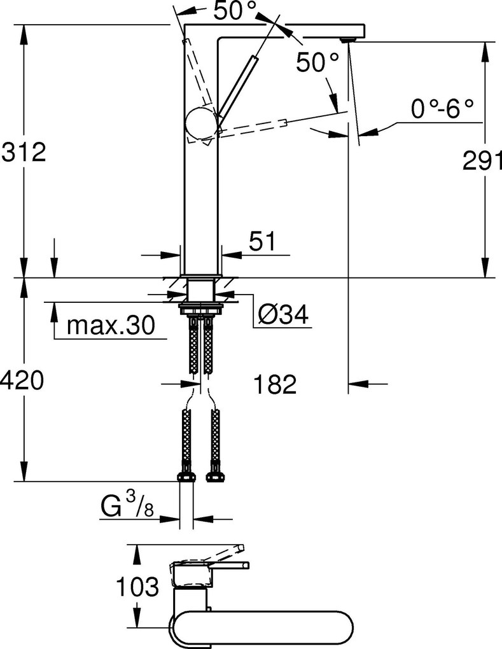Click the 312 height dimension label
pos(24,153)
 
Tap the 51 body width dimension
pos(261,241)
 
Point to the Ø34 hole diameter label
pos(284,314)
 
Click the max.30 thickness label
pos(111,326)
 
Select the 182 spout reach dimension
pos(275,384)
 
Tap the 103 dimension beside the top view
pos(137,587)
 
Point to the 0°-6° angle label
pos(443,109)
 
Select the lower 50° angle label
pos(318,62)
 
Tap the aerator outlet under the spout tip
pos(346,40)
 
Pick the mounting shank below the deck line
pos(202,292)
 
